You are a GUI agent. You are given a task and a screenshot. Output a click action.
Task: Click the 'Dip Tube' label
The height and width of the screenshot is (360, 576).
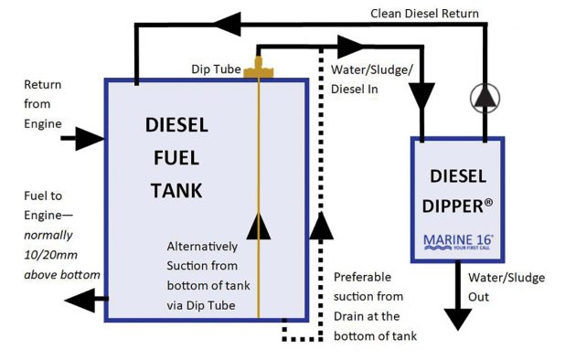(x=214, y=69)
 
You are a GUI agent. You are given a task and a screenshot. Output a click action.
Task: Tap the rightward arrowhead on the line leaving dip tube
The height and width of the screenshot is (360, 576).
(x=351, y=44)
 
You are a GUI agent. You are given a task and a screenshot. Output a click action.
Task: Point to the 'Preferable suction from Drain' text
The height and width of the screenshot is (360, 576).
(x=375, y=305)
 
